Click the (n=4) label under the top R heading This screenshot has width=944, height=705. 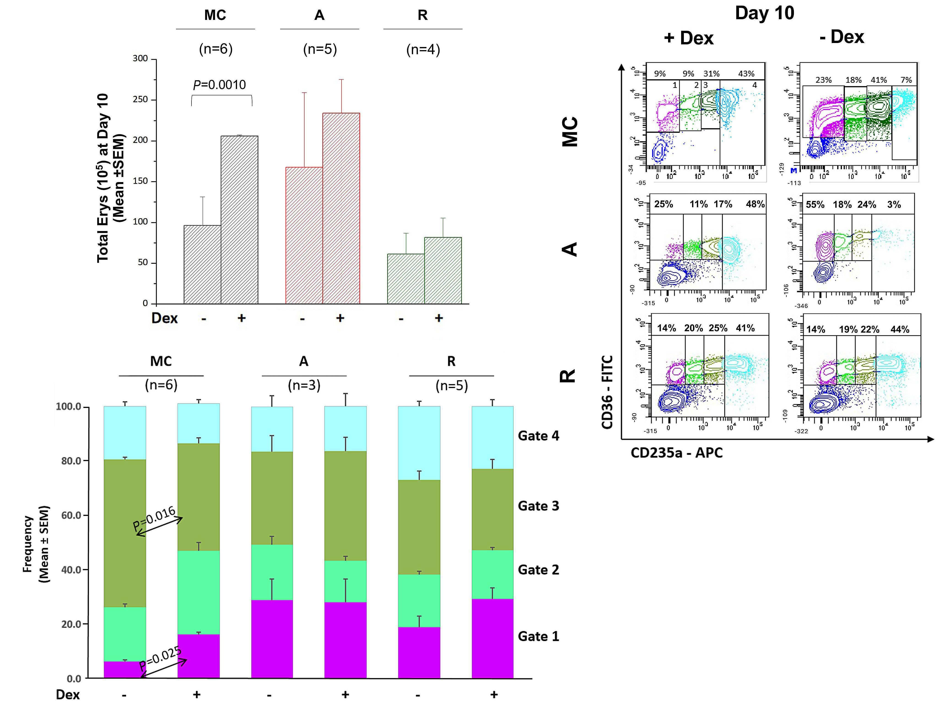click(423, 49)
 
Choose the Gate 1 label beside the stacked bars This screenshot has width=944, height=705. click(538, 636)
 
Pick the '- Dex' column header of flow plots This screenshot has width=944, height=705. click(842, 37)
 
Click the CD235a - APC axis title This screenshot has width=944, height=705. click(676, 453)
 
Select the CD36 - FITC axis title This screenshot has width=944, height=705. click(607, 392)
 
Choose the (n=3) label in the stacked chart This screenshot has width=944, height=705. click(304, 385)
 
